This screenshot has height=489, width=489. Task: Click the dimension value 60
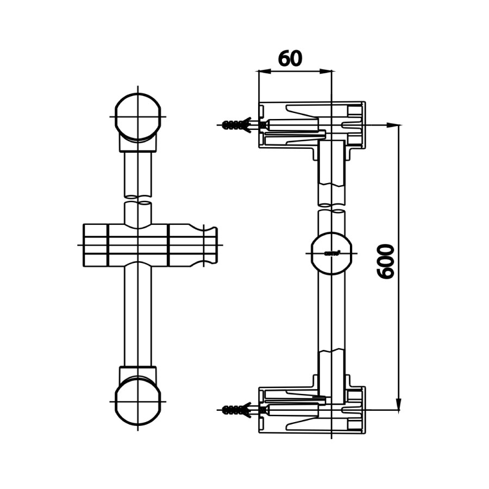coord(290,59)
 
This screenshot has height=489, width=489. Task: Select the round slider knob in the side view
coord(331,253)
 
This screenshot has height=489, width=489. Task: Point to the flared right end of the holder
coord(210,246)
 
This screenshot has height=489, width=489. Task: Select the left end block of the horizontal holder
coord(95,245)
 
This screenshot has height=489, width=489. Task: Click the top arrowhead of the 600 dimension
coord(399,131)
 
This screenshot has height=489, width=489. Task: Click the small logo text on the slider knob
coord(331,253)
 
